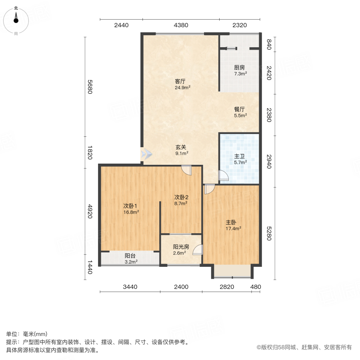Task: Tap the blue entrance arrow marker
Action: tap(146, 153)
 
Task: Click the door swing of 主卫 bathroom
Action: tap(224, 176)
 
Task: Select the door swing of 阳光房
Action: tap(198, 250)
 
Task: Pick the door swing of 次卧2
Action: tap(186, 170)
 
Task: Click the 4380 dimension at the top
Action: tap(181, 25)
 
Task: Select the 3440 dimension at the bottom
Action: tap(130, 287)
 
